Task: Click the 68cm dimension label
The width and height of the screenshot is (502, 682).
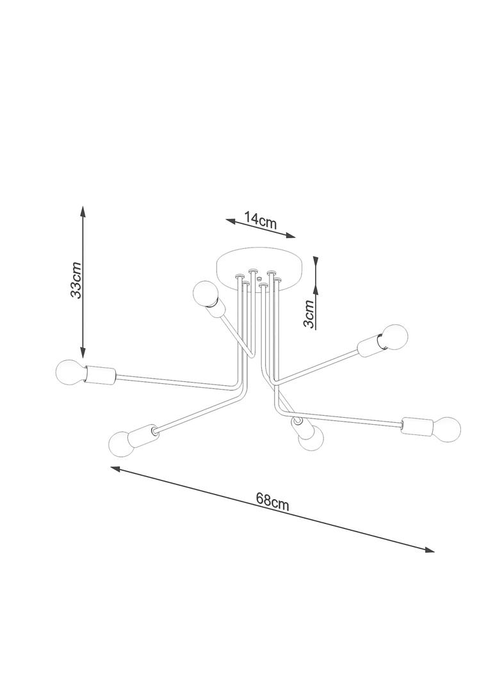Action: tap(273, 502)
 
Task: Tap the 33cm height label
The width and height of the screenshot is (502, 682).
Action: tap(76, 280)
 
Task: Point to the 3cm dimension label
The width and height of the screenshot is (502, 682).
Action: tap(309, 314)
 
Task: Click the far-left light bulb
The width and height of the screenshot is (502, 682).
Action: tap(70, 372)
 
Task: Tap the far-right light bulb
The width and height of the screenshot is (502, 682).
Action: tap(446, 429)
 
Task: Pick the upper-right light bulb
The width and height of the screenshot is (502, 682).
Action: tap(394, 337)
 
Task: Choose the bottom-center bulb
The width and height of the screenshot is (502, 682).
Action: tap(311, 438)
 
